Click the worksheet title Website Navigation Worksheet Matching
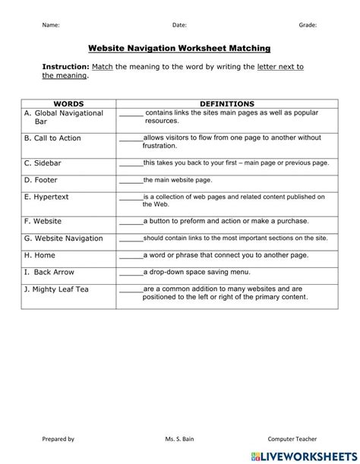(x=179, y=48)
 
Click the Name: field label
(x=50, y=25)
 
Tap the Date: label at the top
(x=179, y=25)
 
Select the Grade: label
(x=308, y=25)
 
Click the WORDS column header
(x=68, y=103)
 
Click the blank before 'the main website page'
(x=131, y=181)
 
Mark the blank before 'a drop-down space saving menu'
(x=131, y=273)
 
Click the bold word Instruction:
(x=66, y=67)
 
